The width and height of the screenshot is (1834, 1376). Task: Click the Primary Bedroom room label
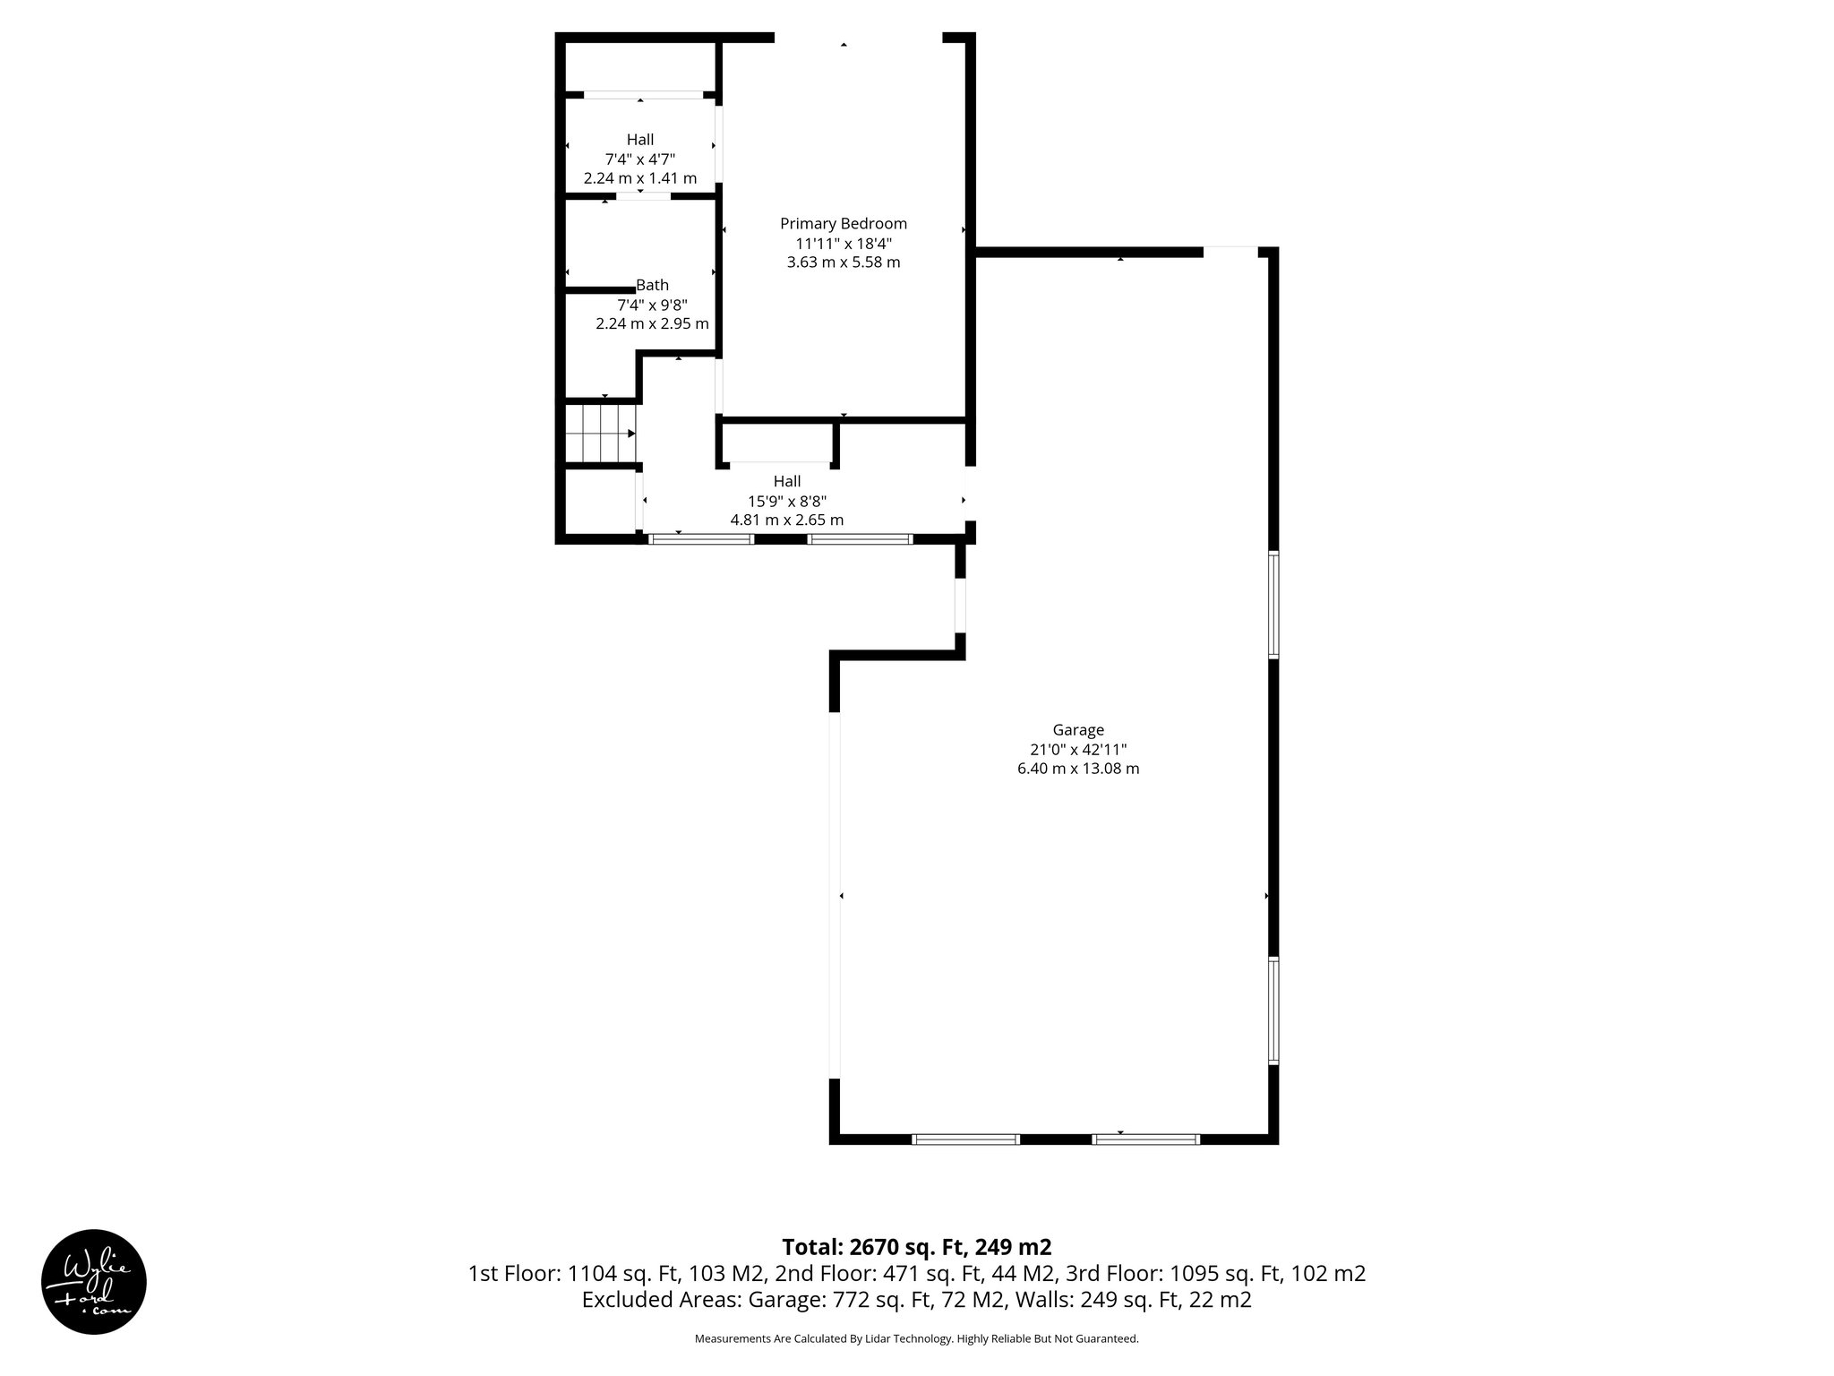coord(843,224)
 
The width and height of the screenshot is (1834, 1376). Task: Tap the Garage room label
coord(1078,730)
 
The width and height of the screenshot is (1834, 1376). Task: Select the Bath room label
coord(652,286)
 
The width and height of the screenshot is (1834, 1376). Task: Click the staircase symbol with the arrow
coord(600,434)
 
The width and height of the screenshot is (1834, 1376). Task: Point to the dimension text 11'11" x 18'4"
coord(843,244)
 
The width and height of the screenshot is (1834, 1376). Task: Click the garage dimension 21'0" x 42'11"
coord(1078,750)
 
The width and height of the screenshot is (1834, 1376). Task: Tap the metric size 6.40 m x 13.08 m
coord(1078,769)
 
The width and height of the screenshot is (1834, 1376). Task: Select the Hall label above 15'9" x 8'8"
coord(787,482)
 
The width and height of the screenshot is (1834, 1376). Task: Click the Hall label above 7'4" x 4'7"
coord(640,140)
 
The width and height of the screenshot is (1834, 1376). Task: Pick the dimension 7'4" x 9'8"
coord(652,305)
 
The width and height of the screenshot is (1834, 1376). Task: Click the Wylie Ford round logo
coord(94,1281)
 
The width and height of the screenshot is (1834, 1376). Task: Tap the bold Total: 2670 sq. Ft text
coord(916,1247)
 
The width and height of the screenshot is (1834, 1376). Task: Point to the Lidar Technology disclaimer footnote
coord(916,1338)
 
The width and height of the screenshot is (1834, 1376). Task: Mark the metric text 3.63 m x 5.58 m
coord(843,262)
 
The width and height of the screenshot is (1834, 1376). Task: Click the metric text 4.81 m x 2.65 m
coord(787,520)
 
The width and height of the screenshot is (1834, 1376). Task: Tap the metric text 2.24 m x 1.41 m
coord(640,178)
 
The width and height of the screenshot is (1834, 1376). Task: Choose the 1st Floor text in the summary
coord(513,1274)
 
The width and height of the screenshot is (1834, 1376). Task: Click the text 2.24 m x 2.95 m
coord(652,323)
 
